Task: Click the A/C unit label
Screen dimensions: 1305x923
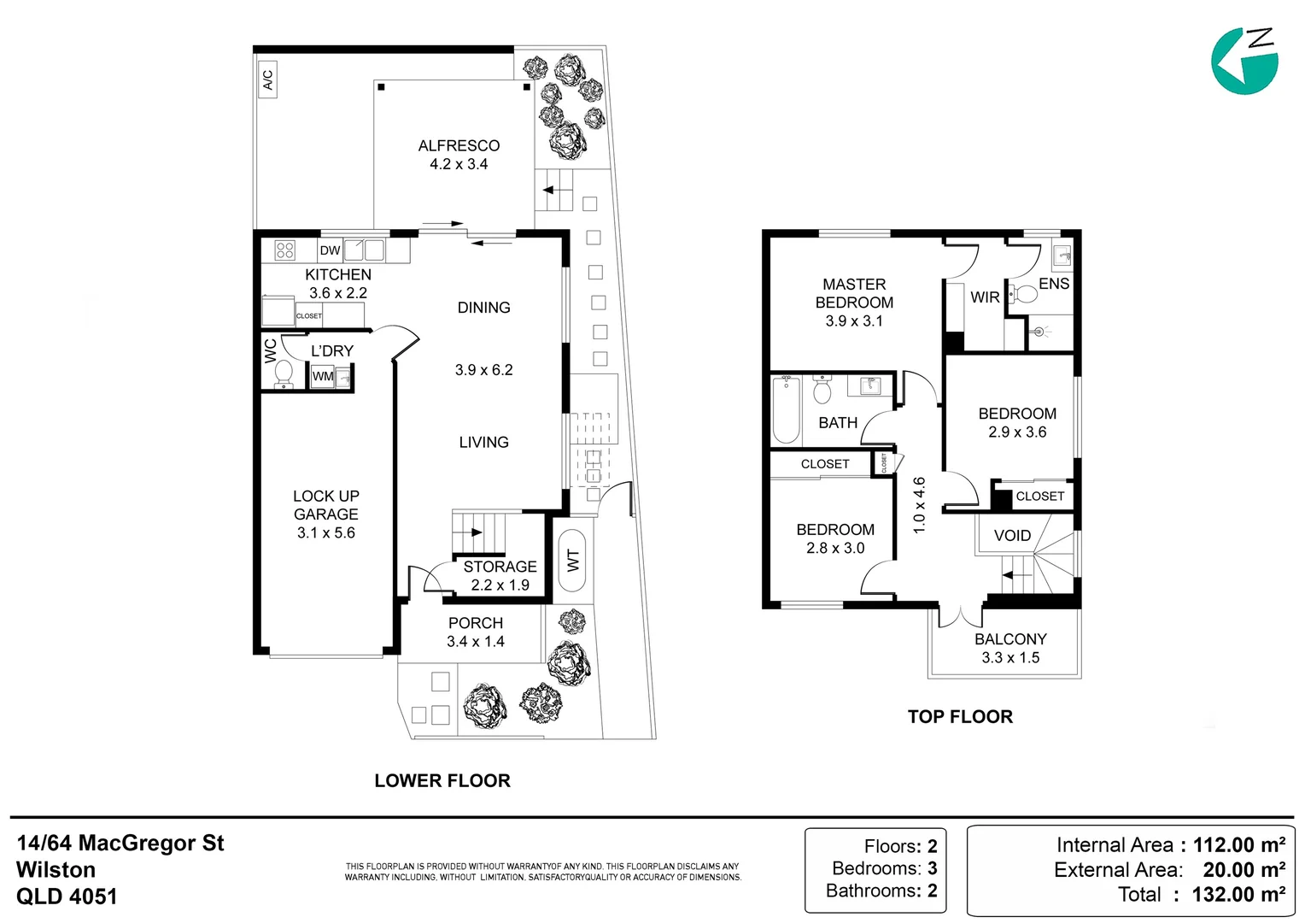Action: [267, 79]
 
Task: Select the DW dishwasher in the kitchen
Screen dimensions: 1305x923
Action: [331, 250]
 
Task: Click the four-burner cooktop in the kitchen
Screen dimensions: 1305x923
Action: [285, 250]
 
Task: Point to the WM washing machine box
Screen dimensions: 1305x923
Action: [323, 377]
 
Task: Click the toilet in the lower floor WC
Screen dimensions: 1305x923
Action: [284, 373]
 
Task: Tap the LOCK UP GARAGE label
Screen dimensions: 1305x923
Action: [325, 514]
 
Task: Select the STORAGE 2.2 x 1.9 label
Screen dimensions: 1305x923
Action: [500, 575]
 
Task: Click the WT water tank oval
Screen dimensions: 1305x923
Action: [573, 560]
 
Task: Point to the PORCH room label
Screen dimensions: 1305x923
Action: [476, 623]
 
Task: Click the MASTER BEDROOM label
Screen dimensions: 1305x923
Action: [854, 293]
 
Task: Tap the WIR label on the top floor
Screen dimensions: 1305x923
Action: [986, 297]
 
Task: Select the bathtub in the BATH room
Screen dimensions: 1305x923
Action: [786, 409]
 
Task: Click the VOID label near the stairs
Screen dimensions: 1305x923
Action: [1013, 535]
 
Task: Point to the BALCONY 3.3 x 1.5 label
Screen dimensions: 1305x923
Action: [1011, 649]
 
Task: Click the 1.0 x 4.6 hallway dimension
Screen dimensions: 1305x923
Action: [919, 505]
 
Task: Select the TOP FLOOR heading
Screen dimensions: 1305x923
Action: [960, 716]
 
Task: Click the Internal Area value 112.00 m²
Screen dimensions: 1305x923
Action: [1239, 844]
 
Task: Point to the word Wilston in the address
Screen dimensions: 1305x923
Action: [56, 870]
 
